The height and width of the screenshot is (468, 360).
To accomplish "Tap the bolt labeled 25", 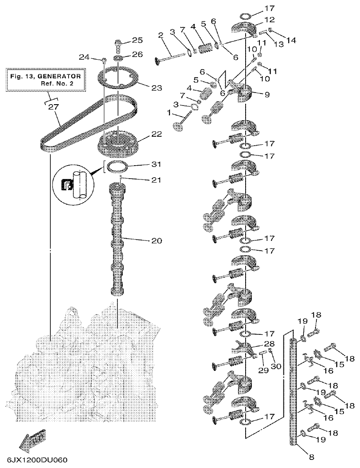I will (118, 45).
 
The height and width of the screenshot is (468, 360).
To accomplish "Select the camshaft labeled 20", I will (117, 240).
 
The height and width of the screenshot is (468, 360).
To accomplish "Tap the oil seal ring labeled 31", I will (117, 168).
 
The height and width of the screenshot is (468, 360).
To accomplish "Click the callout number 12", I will (270, 20).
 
